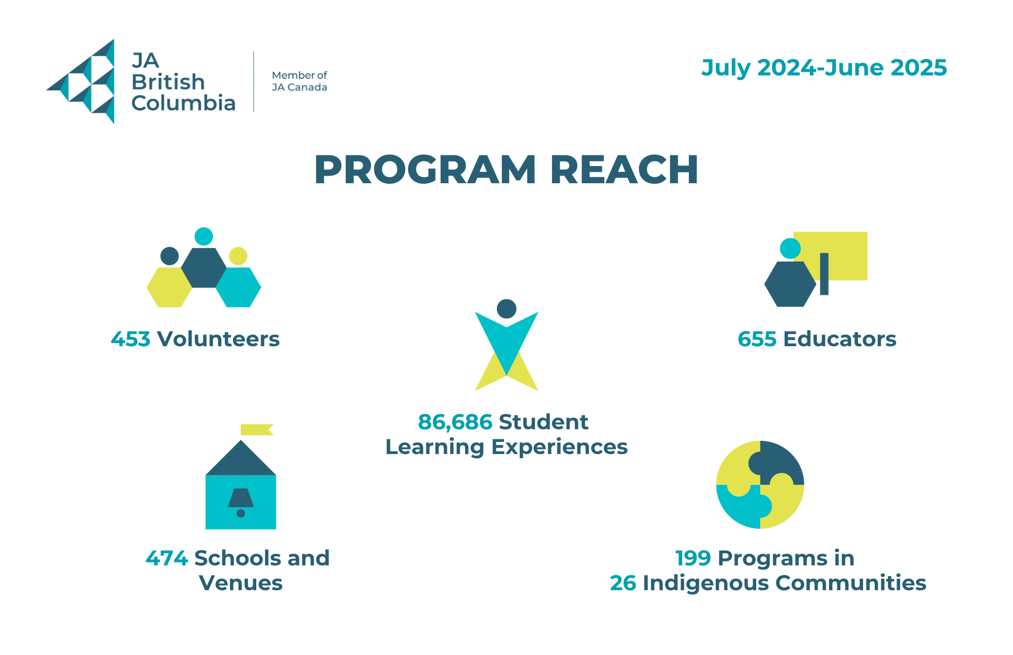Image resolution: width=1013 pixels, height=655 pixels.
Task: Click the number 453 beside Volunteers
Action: (x=131, y=339)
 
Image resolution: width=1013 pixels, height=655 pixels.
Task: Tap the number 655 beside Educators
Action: (x=757, y=339)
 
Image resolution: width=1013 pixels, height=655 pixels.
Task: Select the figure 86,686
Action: (x=455, y=422)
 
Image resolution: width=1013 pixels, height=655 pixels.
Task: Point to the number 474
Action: (x=167, y=558)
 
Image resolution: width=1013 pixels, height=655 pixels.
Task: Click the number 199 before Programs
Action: (x=693, y=558)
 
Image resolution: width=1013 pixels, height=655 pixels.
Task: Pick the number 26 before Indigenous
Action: (x=622, y=583)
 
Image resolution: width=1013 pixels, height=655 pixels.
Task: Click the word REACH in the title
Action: (x=625, y=170)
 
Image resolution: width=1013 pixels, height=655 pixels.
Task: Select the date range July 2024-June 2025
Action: (x=824, y=68)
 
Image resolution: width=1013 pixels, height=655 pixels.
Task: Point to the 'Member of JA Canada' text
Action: (x=299, y=81)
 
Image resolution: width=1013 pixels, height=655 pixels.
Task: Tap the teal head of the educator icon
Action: (x=790, y=249)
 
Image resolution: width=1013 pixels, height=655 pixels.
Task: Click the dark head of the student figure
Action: (x=506, y=309)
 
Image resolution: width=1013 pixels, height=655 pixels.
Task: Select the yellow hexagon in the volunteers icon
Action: (x=169, y=287)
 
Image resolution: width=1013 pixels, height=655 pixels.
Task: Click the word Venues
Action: (x=241, y=583)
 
